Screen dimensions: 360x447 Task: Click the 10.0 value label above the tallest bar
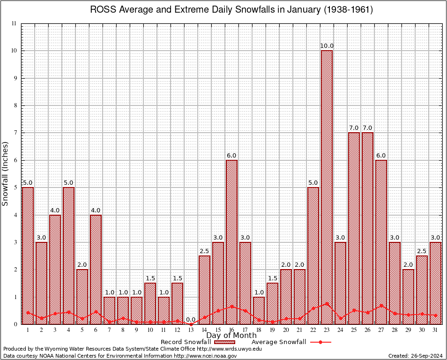pos(327,45)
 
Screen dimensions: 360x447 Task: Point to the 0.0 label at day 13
pos(191,320)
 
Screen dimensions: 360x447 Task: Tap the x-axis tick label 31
pos(436,330)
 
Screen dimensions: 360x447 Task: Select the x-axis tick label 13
pos(191,330)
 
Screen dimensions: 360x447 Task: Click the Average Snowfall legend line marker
pos(320,342)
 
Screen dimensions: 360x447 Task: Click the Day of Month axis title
pos(231,336)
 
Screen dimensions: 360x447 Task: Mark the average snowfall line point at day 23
pos(327,303)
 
